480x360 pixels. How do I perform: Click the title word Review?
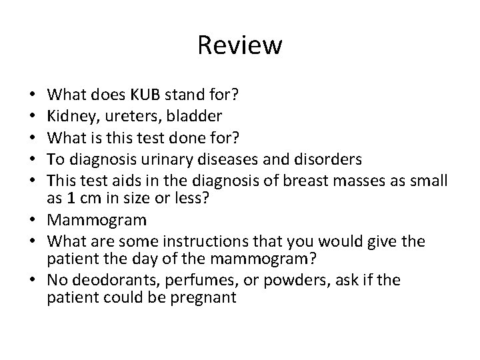tap(240, 46)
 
